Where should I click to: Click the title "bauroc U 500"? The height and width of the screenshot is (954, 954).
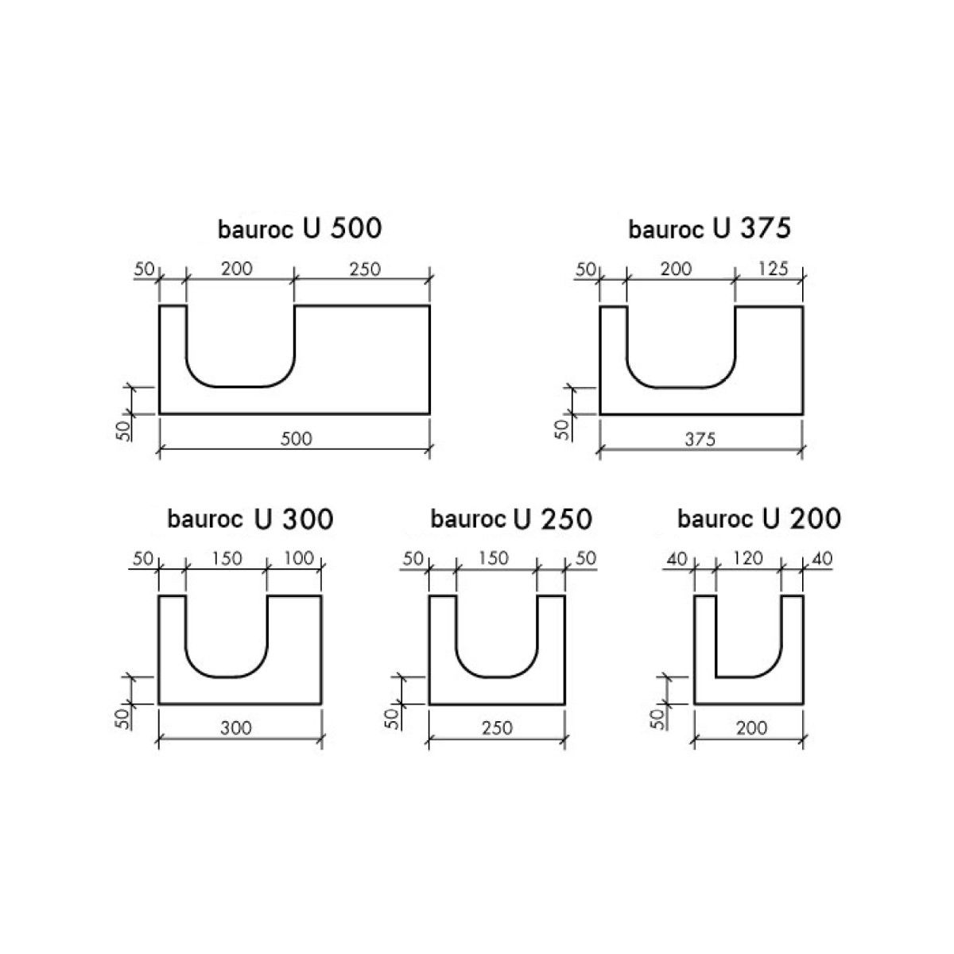300,229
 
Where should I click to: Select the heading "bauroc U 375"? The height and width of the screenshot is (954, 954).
709,229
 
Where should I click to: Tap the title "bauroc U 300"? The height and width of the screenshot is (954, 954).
250,519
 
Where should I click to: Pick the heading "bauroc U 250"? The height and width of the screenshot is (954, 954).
511,519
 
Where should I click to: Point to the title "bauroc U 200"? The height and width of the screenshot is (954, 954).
759,519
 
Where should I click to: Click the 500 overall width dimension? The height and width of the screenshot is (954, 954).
296,439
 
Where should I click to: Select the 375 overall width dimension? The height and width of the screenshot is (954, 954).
700,439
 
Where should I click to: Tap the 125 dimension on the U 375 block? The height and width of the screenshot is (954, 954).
773,269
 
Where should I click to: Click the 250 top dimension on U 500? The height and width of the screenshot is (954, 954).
365,270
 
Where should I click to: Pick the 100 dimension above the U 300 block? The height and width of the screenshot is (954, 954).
299,558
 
